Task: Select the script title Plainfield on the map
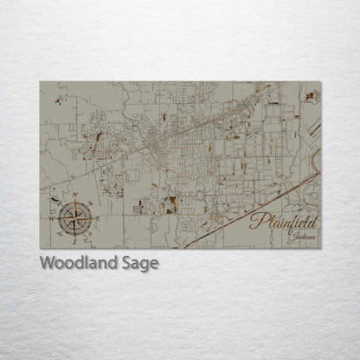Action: click(283, 222)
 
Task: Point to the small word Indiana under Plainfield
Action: click(303, 236)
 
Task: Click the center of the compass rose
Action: click(76, 217)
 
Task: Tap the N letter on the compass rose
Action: click(76, 196)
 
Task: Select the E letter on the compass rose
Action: click(98, 217)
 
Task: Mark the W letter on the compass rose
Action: click(54, 218)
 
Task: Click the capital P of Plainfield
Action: click(257, 222)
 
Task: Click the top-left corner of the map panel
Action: click(40, 82)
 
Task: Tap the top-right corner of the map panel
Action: click(320, 82)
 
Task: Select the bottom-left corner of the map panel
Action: click(40, 247)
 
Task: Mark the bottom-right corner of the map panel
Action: click(320, 247)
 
